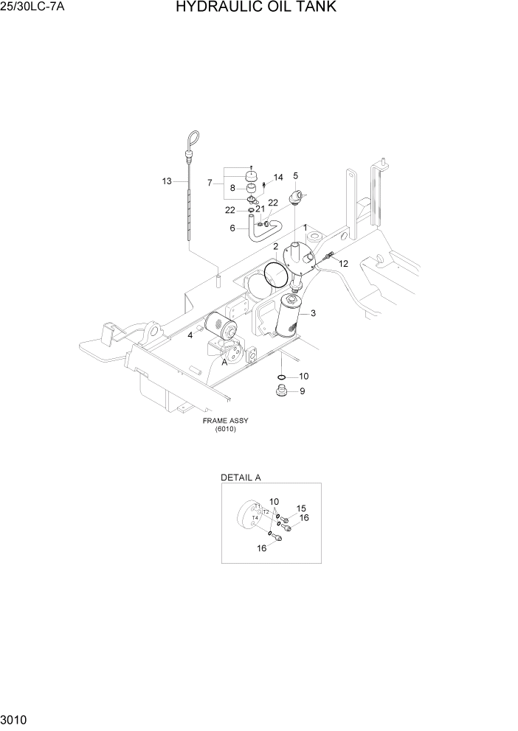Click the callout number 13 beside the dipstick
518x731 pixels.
pos(167,181)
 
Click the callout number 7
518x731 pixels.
pos(210,182)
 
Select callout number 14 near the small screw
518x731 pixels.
pos(278,178)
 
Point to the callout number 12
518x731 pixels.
pos(343,264)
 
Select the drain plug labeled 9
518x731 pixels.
pos(281,391)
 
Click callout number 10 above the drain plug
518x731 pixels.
pos(303,377)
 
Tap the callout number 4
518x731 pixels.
pos(190,335)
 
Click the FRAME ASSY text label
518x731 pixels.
pos(226,422)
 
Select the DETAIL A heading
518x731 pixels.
pos(241,478)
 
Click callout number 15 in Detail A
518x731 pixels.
pos(301,508)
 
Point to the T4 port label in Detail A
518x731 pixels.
pos(255,518)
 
